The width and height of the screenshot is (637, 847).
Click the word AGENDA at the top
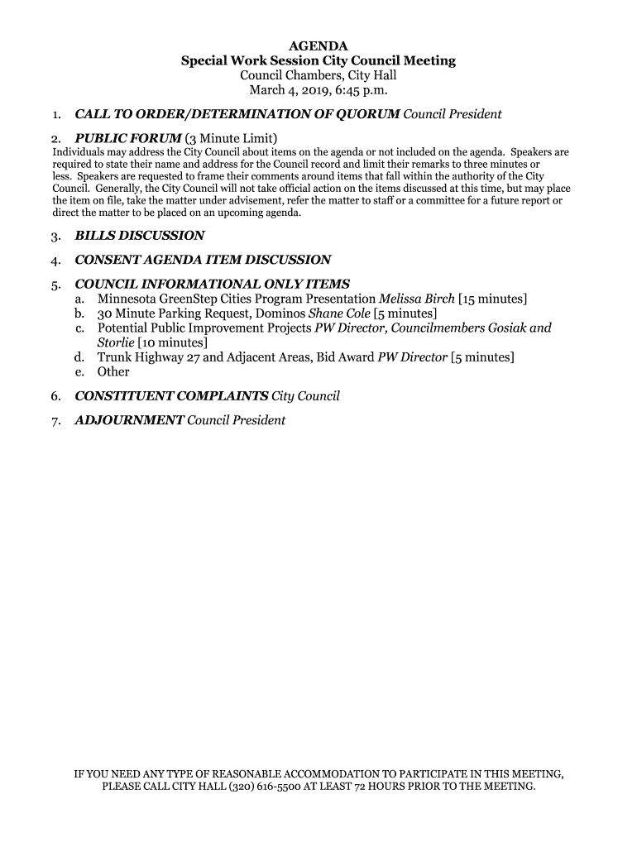pos(318,46)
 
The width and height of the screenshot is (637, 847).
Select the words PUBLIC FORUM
pos(128,137)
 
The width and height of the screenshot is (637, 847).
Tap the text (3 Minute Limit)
pos(231,137)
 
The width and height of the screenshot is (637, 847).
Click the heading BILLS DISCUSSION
pos(140,236)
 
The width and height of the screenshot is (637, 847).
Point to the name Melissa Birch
pos(417,299)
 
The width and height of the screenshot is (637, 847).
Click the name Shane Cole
pos(339,313)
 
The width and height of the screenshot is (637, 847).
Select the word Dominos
pos(280,313)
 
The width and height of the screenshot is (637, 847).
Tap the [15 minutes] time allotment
pos(493,299)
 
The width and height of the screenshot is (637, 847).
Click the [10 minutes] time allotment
pos(173,342)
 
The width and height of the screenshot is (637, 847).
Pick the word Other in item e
pos(113,372)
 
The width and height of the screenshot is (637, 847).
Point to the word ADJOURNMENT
pos(129,420)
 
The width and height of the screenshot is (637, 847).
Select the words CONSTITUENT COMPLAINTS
pos(171,396)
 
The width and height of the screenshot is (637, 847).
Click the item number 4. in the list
pos(55,260)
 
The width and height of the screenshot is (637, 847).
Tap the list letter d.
pos(79,357)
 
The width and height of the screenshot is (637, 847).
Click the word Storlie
pos(116,342)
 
